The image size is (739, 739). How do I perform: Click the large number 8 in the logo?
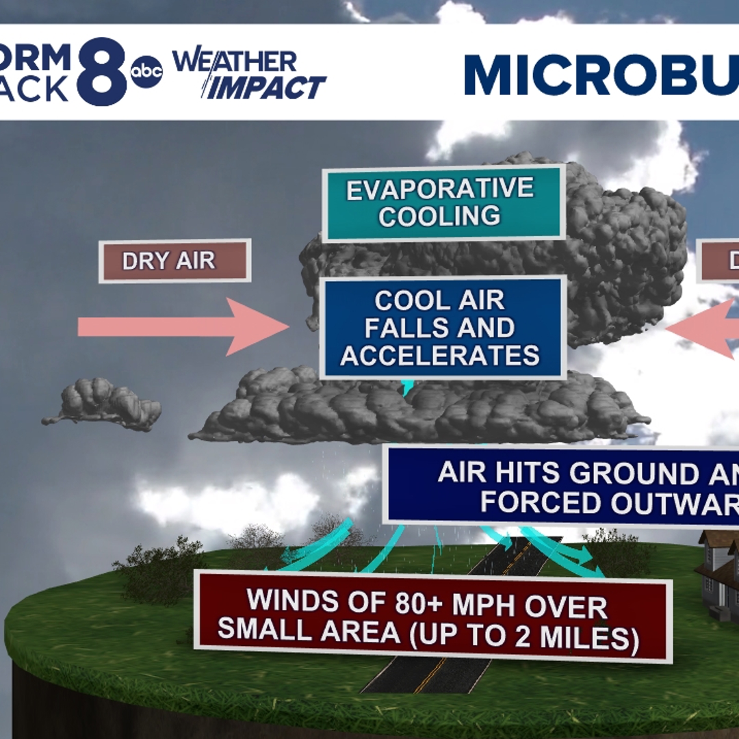[x=101, y=72]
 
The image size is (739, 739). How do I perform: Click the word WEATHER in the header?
[x=235, y=62]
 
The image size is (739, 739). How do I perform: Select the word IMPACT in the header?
[x=267, y=88]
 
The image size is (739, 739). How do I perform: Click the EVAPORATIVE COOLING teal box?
[x=443, y=203]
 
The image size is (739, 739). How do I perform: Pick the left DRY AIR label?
[x=174, y=261]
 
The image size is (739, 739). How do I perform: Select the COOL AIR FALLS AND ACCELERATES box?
[x=443, y=328]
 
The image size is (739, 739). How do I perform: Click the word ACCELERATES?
[x=440, y=356]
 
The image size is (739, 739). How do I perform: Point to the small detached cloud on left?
[x=103, y=405]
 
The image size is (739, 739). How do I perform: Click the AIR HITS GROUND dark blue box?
[x=561, y=487]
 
